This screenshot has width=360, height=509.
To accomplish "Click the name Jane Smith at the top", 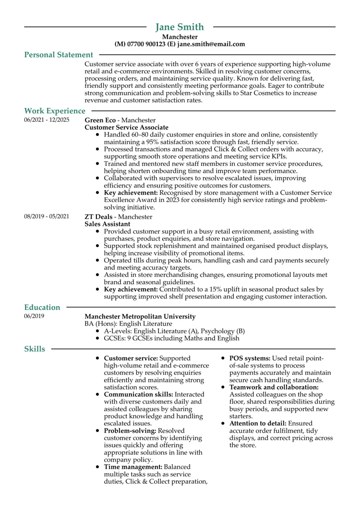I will click(180, 27).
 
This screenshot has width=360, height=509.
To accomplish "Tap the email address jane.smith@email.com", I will click(211, 44).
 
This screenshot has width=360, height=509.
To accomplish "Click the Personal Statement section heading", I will click(59, 55).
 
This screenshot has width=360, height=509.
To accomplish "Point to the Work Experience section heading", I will click(54, 111).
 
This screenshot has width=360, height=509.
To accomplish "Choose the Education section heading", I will click(42, 308).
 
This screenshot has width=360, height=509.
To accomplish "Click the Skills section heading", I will click(35, 349).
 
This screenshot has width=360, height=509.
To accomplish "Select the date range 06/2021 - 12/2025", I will click(47, 120).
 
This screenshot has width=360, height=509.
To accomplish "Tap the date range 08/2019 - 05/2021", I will click(47, 217).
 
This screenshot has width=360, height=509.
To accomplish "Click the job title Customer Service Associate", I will click(126, 128).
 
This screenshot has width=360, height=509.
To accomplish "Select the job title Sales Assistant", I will click(107, 224).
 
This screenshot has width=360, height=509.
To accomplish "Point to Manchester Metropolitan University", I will click(140, 317).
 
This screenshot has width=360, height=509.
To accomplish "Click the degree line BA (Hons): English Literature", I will click(128, 324).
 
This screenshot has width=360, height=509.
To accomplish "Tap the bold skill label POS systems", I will click(250, 358).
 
